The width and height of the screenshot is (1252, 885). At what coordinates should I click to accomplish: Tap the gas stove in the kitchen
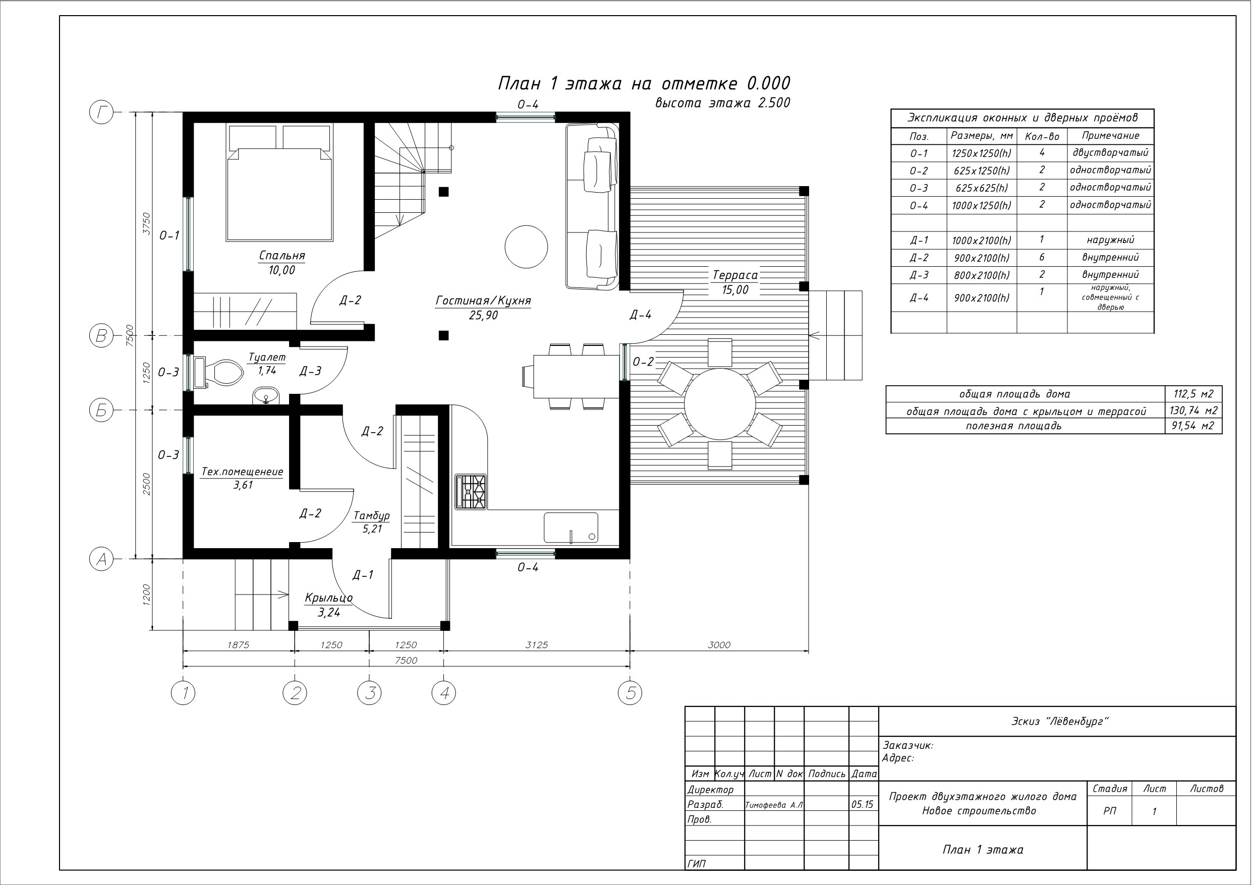pyautogui.click(x=472, y=492)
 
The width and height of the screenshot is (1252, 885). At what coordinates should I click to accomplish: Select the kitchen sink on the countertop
pyautogui.click(x=571, y=528)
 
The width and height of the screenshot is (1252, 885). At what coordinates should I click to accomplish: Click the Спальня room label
pyautogui.click(x=281, y=256)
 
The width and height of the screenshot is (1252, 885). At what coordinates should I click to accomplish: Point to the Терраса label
pyautogui.click(x=735, y=275)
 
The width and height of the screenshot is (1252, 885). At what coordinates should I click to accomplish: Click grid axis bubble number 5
pyautogui.click(x=631, y=693)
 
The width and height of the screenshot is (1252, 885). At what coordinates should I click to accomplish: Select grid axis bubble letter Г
pyautogui.click(x=101, y=113)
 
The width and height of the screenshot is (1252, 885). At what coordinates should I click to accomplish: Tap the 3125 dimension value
pyautogui.click(x=537, y=645)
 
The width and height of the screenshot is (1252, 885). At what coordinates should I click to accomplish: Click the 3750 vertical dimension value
pyautogui.click(x=146, y=223)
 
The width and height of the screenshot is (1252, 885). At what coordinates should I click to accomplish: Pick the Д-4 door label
pyautogui.click(x=640, y=315)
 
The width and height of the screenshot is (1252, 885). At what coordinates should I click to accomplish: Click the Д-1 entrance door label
pyautogui.click(x=363, y=574)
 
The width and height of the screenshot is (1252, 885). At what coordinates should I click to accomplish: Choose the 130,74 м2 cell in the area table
pyautogui.click(x=1193, y=410)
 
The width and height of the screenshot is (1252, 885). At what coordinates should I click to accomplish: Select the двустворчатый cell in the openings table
pyautogui.click(x=1110, y=153)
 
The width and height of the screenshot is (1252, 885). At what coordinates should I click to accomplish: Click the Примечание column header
pyautogui.click(x=1110, y=136)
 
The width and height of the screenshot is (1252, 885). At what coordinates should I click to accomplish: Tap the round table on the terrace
pyautogui.click(x=720, y=404)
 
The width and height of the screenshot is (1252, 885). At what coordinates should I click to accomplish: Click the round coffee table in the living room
pyautogui.click(x=526, y=247)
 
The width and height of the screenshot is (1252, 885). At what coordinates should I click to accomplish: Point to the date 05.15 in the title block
pyautogui.click(x=862, y=804)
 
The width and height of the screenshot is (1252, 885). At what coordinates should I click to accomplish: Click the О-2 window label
pyautogui.click(x=643, y=362)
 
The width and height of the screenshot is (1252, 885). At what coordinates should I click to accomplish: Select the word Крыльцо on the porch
pyautogui.click(x=328, y=598)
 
